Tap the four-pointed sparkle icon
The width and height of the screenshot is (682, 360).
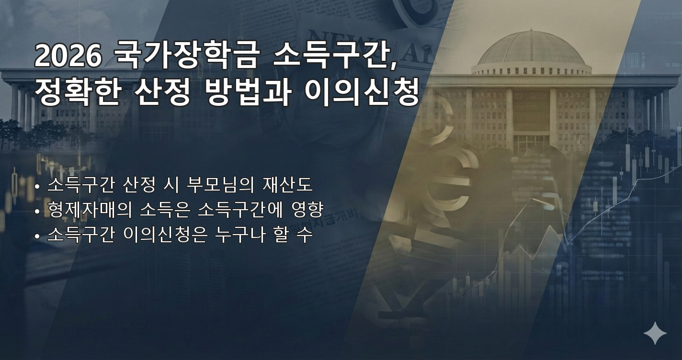655,333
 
